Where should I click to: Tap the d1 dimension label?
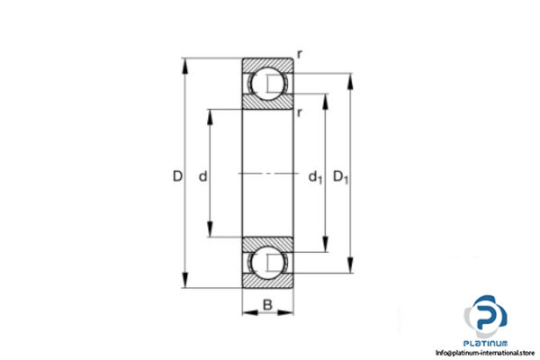[x=315, y=177]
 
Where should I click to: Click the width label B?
[x=268, y=303]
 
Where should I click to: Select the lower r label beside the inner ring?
[x=300, y=112]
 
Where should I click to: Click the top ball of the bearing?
[x=268, y=85]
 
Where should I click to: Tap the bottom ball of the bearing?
[x=268, y=263]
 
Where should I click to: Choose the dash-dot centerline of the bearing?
[x=268, y=174]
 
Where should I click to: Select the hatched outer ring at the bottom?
[x=268, y=283]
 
